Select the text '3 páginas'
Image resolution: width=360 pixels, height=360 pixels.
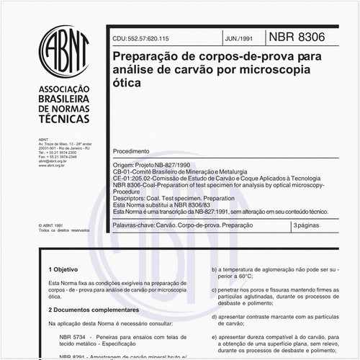[309, 226]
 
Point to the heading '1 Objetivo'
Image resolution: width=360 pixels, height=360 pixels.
[63, 267]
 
